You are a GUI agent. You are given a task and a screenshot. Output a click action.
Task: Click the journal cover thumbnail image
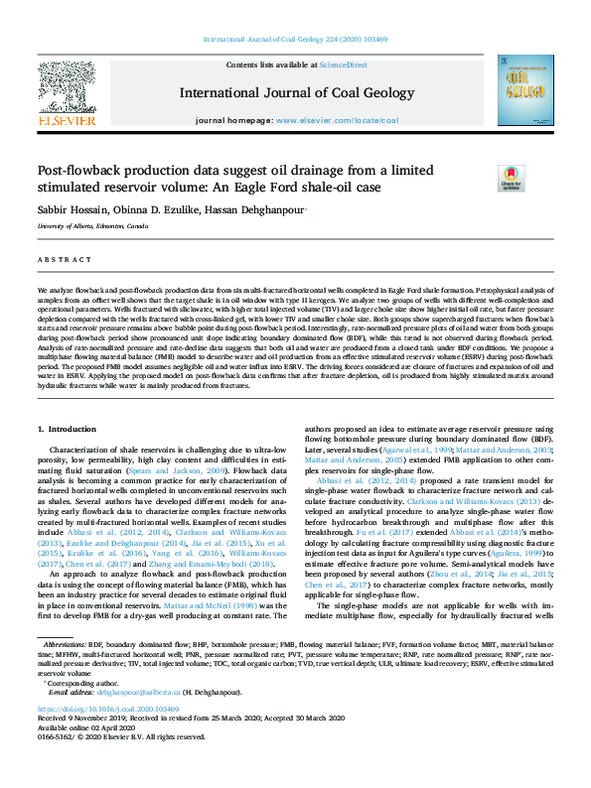pyautogui.click(x=525, y=90)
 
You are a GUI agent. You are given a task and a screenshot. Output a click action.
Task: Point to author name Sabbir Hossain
pyautogui.click(x=72, y=210)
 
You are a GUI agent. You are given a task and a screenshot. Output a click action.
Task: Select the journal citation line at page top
pyautogui.click(x=295, y=39)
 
